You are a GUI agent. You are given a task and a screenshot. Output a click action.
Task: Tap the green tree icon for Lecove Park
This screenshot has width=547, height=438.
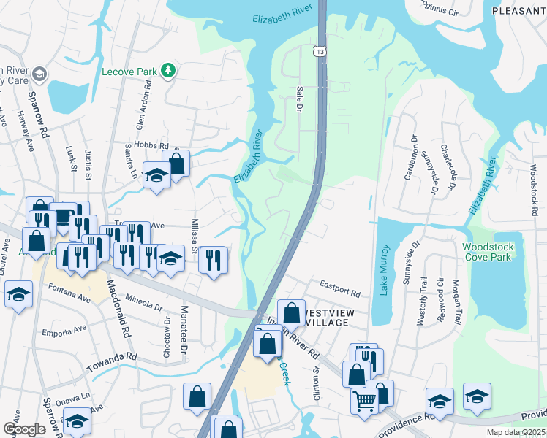click(169, 70)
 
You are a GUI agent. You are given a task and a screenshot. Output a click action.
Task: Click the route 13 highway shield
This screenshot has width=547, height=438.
click(320, 50)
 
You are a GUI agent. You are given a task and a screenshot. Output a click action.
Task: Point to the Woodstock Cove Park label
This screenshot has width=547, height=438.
click(488, 253)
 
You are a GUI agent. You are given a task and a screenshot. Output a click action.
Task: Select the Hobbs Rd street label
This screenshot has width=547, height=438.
click(152, 146)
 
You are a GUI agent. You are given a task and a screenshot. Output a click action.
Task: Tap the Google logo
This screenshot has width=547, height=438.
click(24, 429)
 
